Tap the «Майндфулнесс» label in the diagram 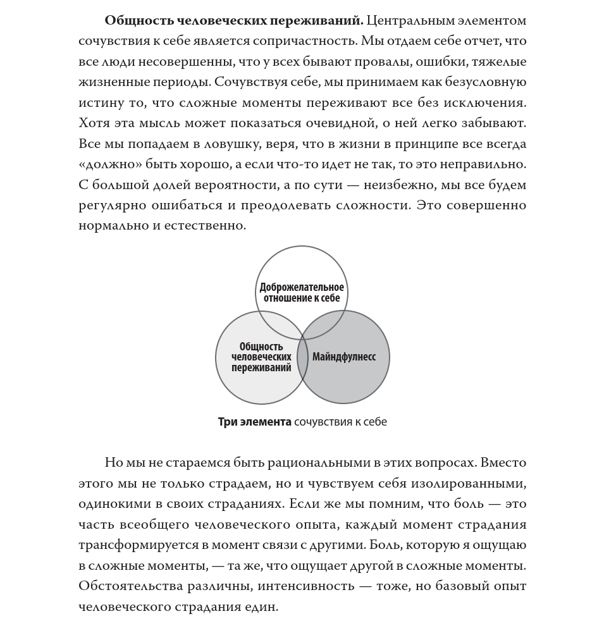344,357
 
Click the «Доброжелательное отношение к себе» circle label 302,293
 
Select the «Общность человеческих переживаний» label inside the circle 261,357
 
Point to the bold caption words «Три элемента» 254,422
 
